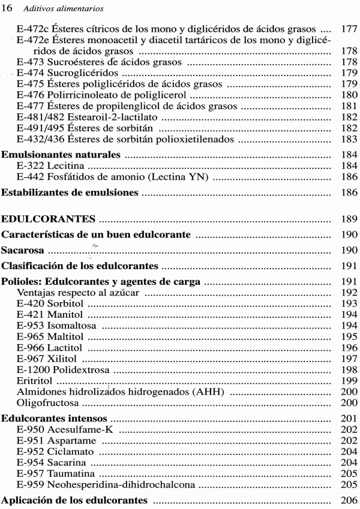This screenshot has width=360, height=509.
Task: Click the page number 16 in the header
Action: pos(8,8)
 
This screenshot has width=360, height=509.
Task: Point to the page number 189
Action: pos(349,218)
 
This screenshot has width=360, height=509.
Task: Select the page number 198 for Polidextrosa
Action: pos(349,369)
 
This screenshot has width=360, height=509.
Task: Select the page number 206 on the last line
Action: pos(349,500)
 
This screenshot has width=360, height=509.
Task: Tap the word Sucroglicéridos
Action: pos(83,73)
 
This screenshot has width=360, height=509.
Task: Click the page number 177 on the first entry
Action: pos(349,28)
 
